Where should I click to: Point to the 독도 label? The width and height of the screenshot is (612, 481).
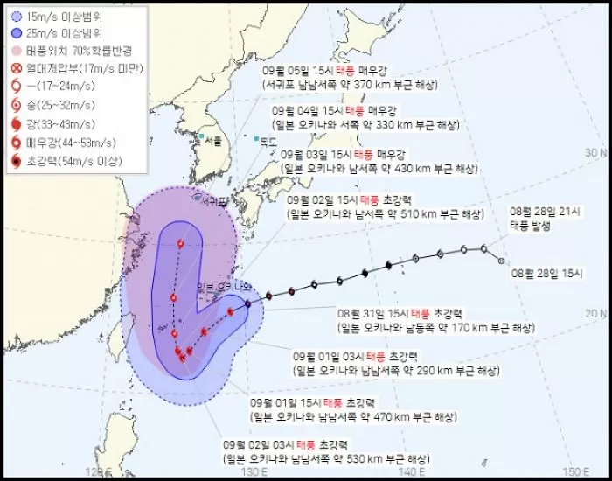pos(269,142)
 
